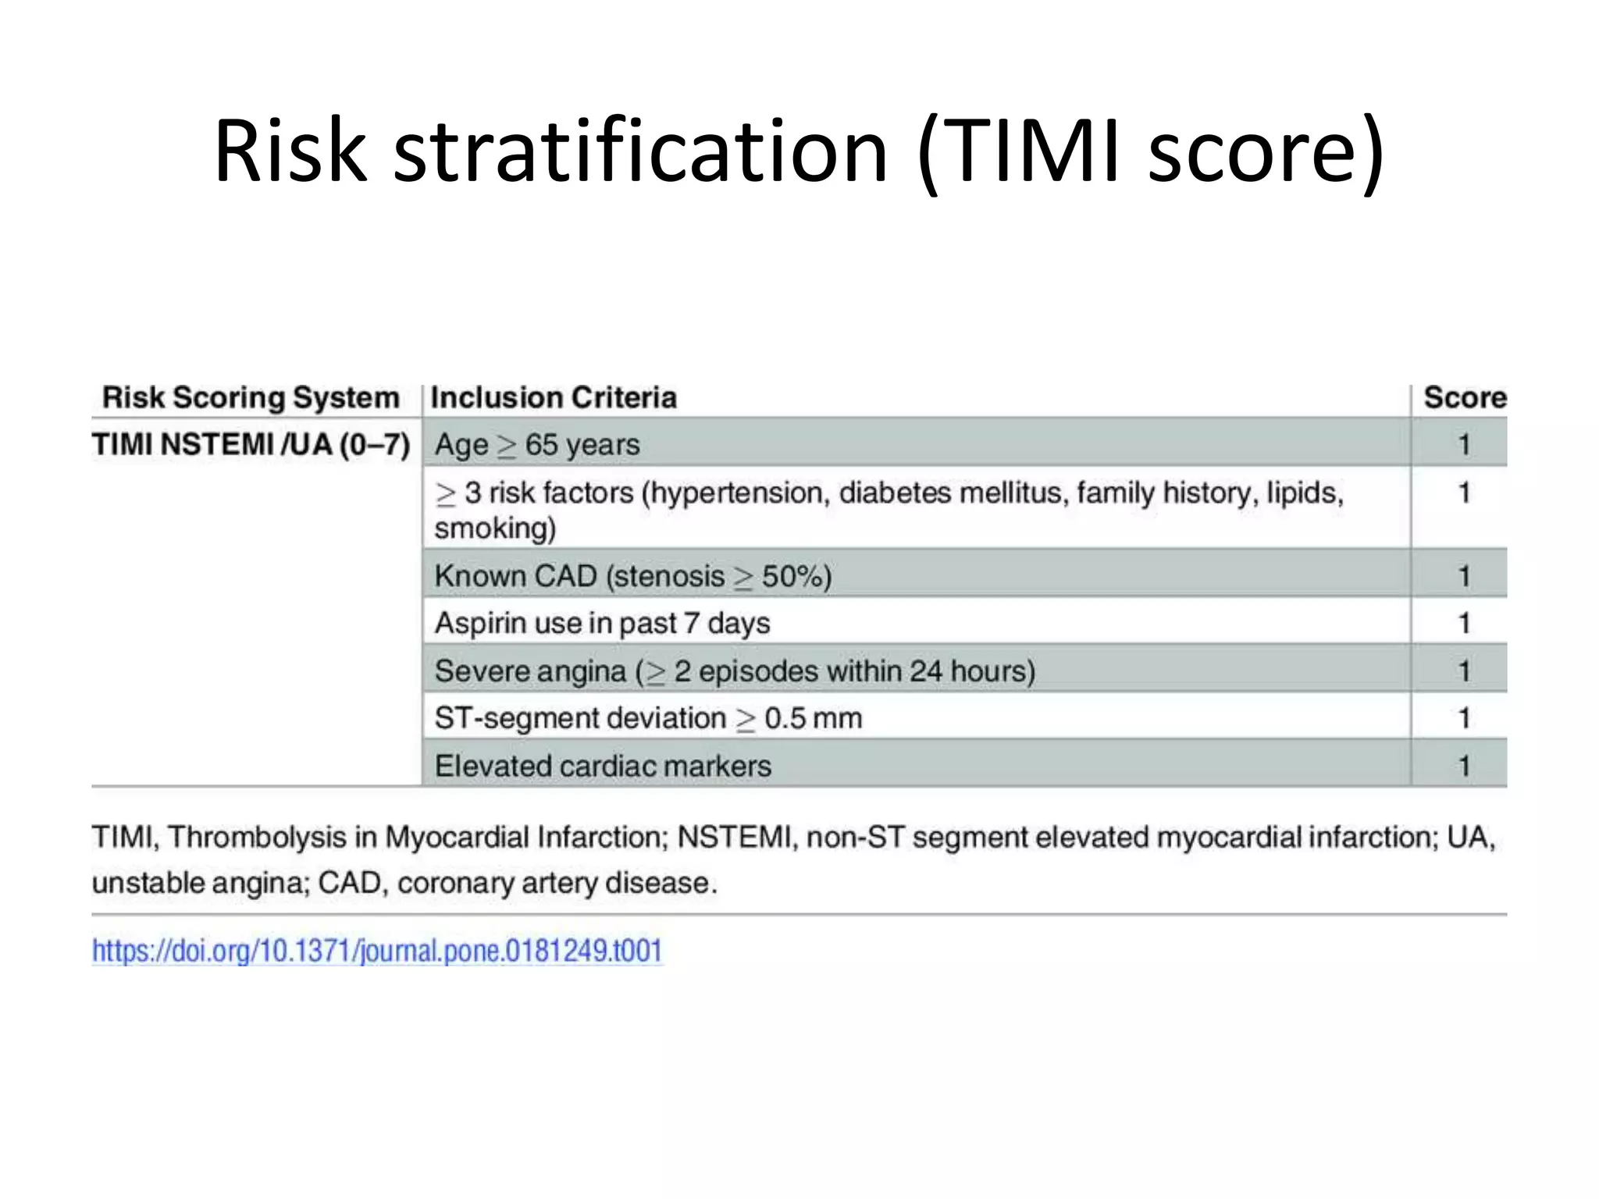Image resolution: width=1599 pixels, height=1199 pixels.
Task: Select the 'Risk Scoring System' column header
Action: coord(251,397)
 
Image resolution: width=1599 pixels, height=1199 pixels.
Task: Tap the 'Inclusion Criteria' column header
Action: coord(554,397)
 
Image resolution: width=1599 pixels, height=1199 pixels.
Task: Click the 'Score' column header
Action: coord(1464,397)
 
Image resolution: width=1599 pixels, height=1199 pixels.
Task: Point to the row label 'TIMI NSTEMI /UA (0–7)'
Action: coord(251,444)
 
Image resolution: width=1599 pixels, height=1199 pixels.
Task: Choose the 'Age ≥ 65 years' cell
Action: coord(537,445)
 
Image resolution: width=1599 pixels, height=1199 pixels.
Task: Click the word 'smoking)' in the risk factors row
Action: coord(495,528)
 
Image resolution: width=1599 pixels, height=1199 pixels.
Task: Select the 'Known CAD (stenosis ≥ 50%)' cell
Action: coord(633,576)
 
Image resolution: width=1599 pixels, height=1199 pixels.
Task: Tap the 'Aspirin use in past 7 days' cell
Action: coord(602,623)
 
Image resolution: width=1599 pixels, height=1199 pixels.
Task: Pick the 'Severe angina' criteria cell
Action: coord(735,671)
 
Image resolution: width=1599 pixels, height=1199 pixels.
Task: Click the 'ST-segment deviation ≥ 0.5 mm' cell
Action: coord(648,718)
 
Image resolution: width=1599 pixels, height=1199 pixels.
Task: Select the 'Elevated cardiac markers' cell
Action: coord(603,766)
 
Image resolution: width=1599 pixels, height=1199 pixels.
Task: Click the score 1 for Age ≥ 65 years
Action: coord(1464,445)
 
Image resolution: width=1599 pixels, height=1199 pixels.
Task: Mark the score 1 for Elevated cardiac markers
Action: coord(1464,766)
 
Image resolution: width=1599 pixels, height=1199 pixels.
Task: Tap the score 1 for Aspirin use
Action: coord(1464,623)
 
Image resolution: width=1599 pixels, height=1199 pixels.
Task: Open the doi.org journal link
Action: coord(377,951)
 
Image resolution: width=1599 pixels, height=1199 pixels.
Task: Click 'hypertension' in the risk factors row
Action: coord(739,493)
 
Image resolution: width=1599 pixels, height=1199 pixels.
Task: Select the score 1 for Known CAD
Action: coord(1464,576)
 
